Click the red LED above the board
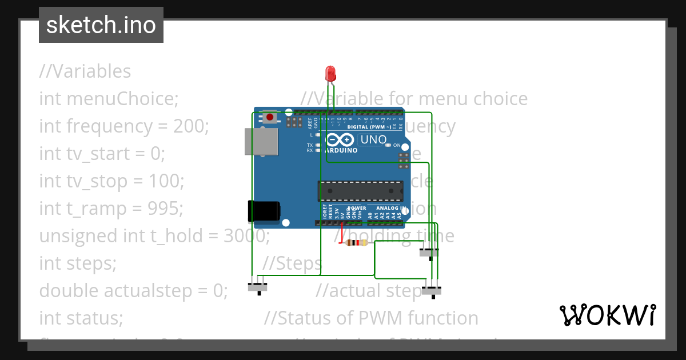(330, 73)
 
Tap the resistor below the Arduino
(357, 243)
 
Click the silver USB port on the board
(261, 141)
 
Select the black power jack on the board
(264, 211)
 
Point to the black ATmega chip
(360, 191)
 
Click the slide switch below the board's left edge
(258, 287)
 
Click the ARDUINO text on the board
(341, 150)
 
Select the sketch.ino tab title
(101, 25)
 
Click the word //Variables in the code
(85, 71)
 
